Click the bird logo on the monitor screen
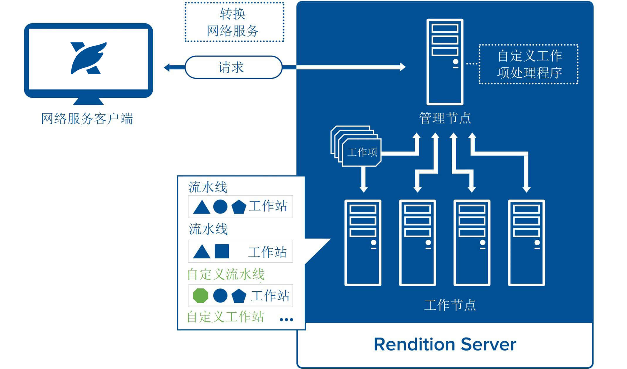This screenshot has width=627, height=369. click(x=88, y=58)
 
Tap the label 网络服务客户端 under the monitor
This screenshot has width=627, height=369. click(x=87, y=119)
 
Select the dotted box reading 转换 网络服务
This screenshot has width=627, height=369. click(x=234, y=22)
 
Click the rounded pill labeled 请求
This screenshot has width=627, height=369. click(x=233, y=67)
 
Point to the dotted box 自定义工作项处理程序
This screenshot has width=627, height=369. click(x=529, y=64)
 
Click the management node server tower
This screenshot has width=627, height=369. click(x=445, y=62)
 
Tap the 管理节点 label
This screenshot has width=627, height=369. click(x=445, y=118)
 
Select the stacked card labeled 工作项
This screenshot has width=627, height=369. click(x=362, y=152)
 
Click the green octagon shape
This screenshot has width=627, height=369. click(x=200, y=295)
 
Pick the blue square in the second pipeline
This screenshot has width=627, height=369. click(x=222, y=251)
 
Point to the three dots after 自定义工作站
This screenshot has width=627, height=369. click(x=286, y=320)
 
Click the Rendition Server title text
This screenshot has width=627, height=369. click(x=445, y=344)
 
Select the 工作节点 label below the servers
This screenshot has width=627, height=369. click(x=450, y=305)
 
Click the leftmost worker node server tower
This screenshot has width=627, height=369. click(x=363, y=243)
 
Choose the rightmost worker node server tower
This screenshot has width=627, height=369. click(x=526, y=243)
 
